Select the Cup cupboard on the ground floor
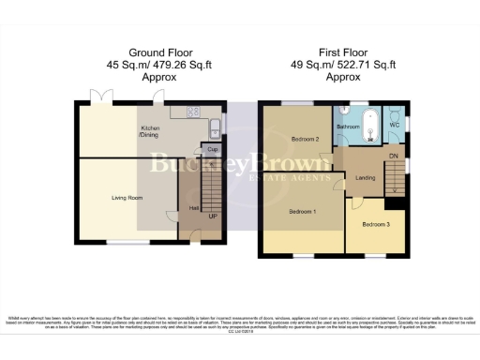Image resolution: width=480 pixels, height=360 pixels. pos(213,149)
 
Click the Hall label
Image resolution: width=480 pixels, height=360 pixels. pos(194,208)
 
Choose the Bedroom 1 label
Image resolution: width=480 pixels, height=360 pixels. pos(301,211)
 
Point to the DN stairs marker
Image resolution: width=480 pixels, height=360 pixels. pos(394,157)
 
